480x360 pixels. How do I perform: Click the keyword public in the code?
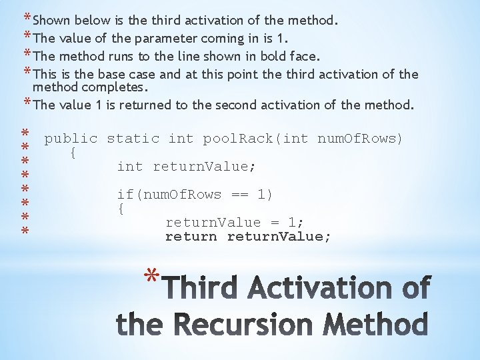click(x=71, y=139)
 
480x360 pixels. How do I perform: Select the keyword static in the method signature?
click(x=133, y=139)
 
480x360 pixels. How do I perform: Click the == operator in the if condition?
click(x=239, y=195)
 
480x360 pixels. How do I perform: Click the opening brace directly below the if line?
click(x=121, y=209)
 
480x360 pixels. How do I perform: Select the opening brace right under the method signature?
click(x=73, y=153)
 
